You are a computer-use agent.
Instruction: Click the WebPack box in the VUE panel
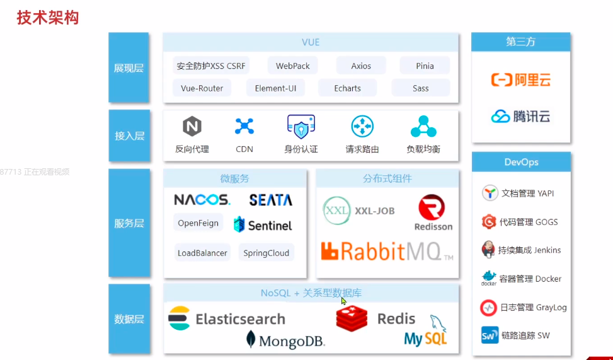click(292, 66)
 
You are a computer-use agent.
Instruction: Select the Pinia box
click(425, 66)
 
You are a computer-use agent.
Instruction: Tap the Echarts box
click(347, 88)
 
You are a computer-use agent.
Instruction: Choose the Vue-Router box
click(202, 88)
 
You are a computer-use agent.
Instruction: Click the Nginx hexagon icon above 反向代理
click(192, 127)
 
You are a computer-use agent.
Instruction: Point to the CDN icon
click(244, 127)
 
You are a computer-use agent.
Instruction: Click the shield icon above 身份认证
click(301, 127)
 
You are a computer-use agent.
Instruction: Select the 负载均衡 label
click(423, 149)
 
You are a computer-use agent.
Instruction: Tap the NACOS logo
click(202, 200)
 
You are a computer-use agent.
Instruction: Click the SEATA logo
click(271, 200)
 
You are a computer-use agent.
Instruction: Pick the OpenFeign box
click(198, 223)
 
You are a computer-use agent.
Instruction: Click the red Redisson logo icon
click(432, 207)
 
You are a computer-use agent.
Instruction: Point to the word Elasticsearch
click(240, 319)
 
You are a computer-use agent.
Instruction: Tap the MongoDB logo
click(285, 340)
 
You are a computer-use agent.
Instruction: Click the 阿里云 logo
click(520, 80)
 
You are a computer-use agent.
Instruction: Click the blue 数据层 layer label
click(129, 319)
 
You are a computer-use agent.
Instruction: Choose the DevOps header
click(521, 162)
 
